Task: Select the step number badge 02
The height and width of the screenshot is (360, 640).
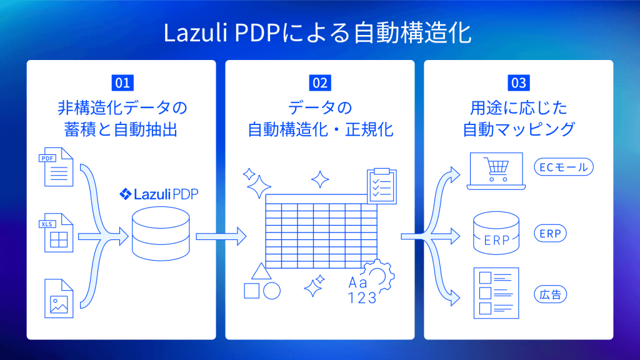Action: pos(320,82)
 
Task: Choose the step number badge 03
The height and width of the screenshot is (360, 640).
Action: pos(518,82)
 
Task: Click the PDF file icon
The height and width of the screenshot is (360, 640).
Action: pos(58,167)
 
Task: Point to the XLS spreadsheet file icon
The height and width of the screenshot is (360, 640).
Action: pos(58,233)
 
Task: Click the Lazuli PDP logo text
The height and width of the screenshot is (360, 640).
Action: pos(162,194)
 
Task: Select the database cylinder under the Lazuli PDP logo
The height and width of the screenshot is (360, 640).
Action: pos(161,234)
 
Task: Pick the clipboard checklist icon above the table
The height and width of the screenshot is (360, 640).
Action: pos(381,185)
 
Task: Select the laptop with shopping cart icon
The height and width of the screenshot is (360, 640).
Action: pos(496,171)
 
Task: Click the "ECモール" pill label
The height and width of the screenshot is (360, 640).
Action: pos(564,167)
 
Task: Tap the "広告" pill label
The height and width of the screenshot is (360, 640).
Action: pos(549,294)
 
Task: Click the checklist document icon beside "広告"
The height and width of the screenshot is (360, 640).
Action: pos(496,292)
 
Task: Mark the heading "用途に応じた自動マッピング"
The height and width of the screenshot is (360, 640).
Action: pos(518,118)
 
